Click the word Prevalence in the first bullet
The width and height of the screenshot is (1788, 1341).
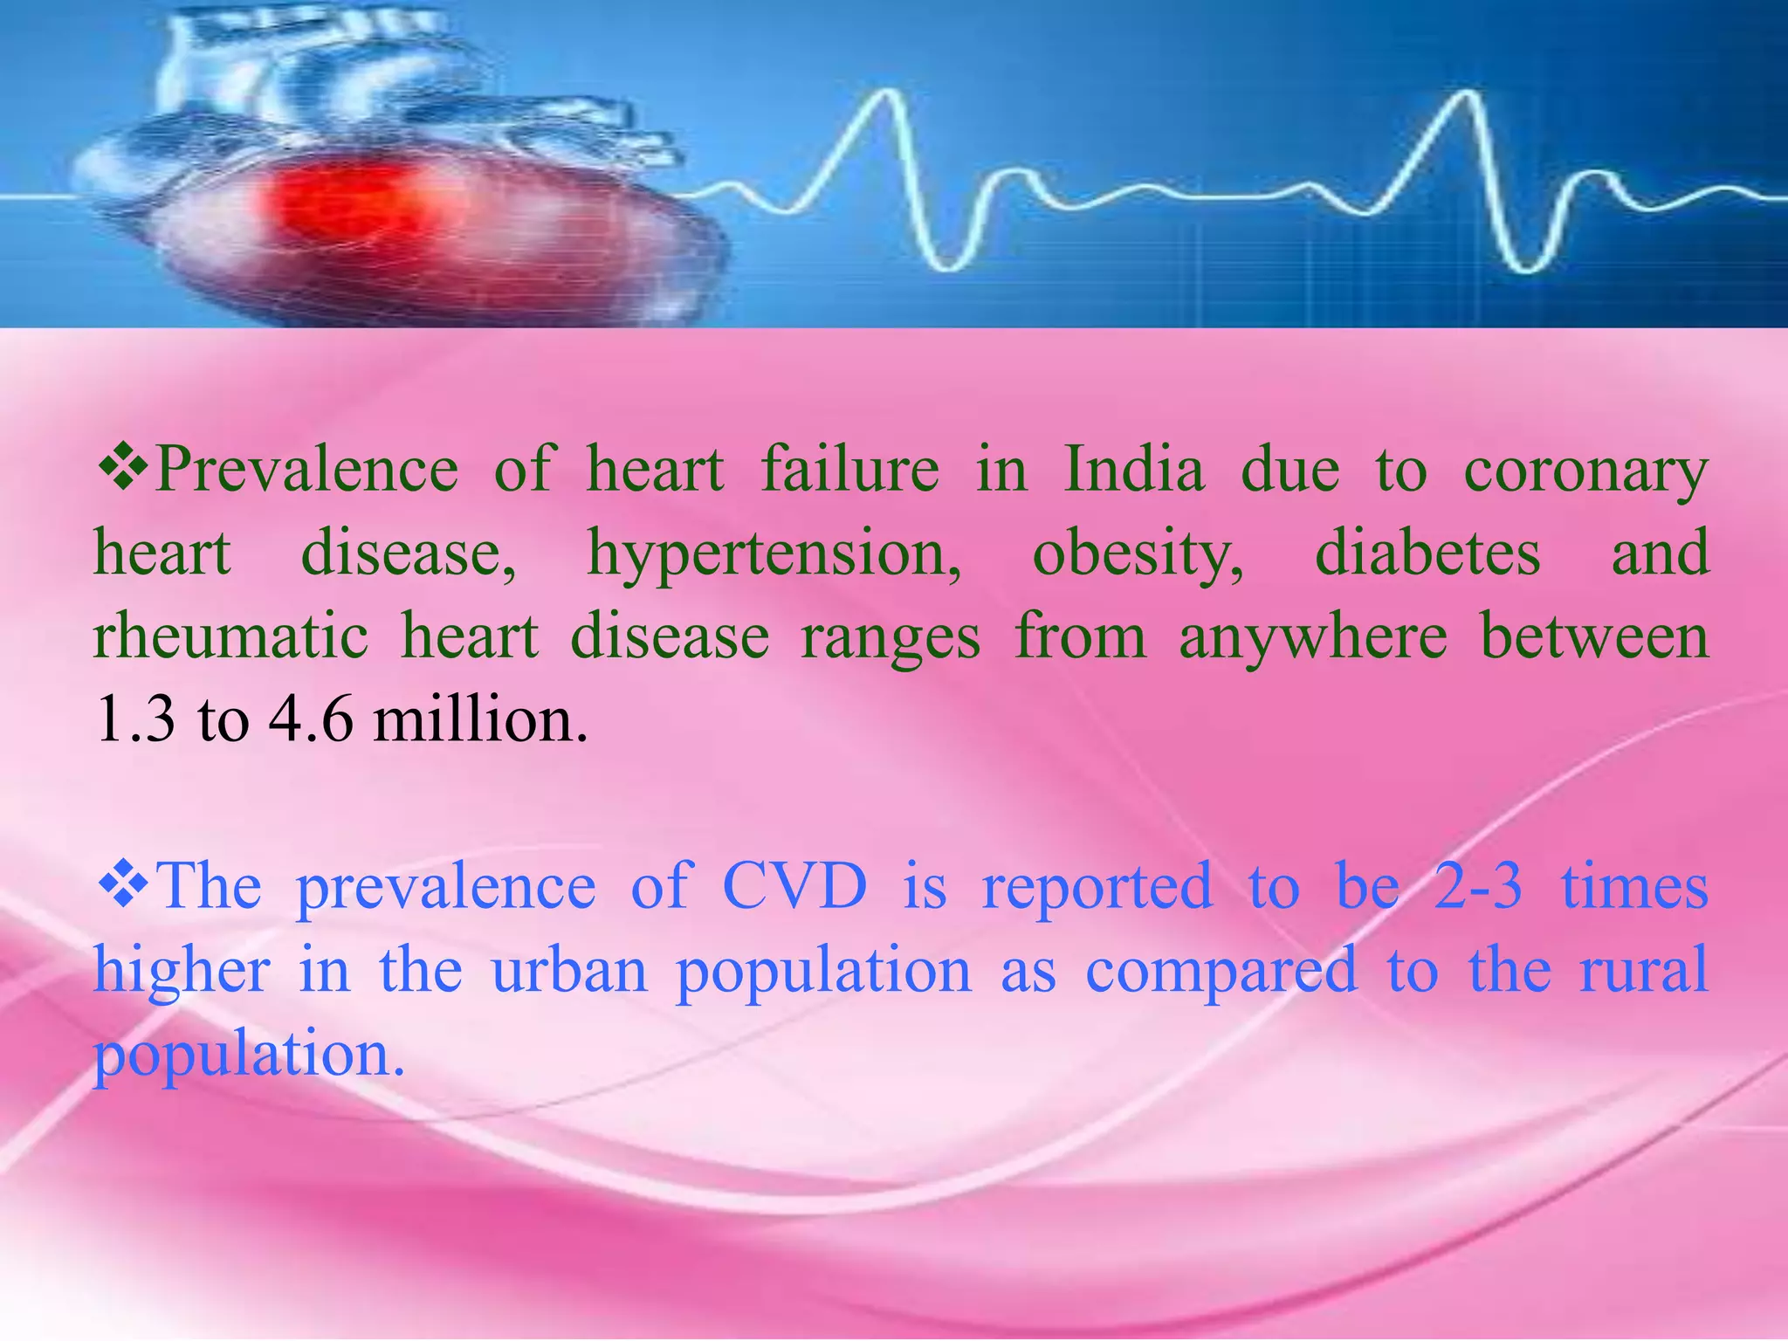click(x=306, y=469)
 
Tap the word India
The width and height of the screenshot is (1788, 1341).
click(x=1133, y=469)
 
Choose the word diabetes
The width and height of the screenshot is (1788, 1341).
click(x=1427, y=553)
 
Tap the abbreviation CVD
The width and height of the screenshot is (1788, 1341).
click(x=794, y=886)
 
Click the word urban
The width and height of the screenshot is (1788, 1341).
click(x=570, y=970)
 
